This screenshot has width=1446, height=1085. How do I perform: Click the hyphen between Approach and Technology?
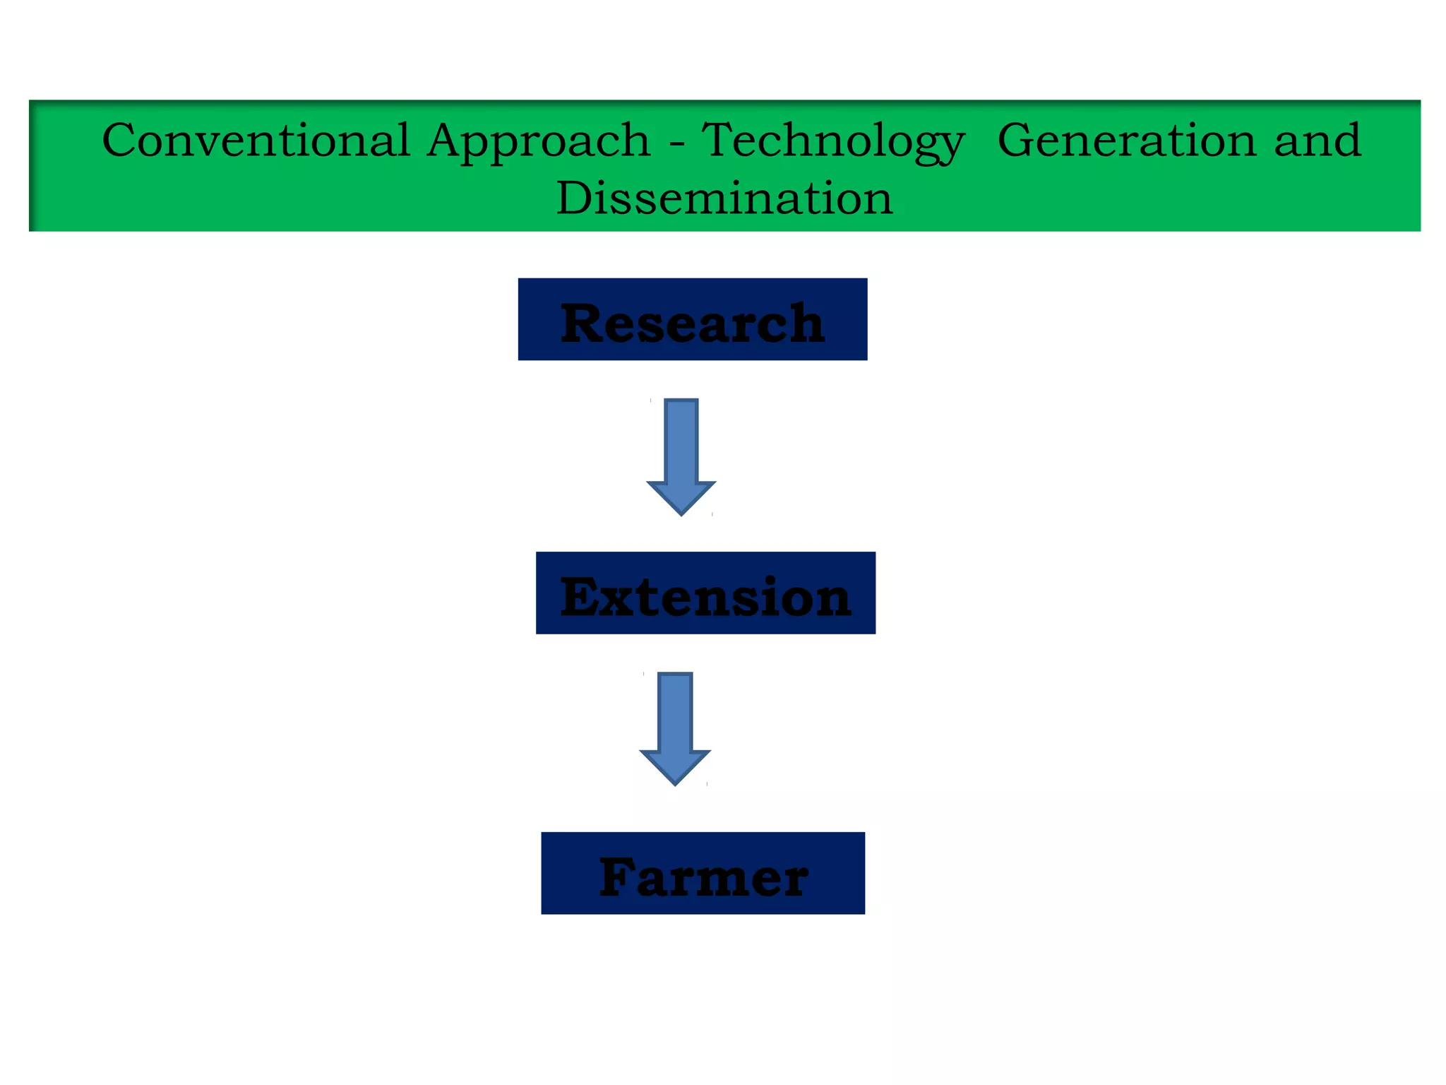pyautogui.click(x=676, y=144)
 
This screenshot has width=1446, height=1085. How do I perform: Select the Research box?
pyautogui.click(x=692, y=319)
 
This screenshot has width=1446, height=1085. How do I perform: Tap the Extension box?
pyautogui.click(x=705, y=593)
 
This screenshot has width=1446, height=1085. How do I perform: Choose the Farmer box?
pyautogui.click(x=703, y=873)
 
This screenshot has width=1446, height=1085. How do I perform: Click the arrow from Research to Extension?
pyautogui.click(x=681, y=456)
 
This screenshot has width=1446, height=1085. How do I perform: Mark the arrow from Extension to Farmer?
pyautogui.click(x=675, y=728)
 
